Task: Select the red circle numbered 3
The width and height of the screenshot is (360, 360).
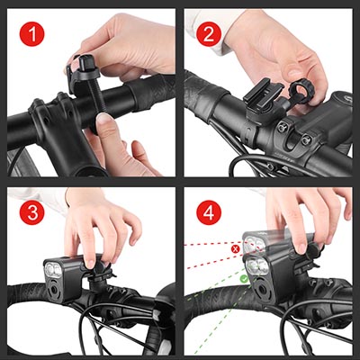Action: coord(32,212)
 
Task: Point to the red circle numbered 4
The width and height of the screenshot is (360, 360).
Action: coord(209,212)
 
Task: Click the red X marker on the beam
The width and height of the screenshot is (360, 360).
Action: coord(236,248)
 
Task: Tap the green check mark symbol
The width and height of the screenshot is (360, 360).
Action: coord(244,279)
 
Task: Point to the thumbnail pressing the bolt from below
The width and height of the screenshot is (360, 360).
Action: coord(104,119)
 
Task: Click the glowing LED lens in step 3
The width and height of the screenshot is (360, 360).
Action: coord(53,270)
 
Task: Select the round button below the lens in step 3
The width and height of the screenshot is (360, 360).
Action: coord(54,290)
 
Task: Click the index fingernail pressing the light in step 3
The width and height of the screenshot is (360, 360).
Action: coord(89,264)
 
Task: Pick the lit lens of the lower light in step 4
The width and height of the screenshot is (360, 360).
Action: coord(256,265)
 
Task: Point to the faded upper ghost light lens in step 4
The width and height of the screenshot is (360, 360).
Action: coord(254,244)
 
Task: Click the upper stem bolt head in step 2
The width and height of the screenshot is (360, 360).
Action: coord(282,128)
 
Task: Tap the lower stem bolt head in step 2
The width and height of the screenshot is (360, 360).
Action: coord(306,139)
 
